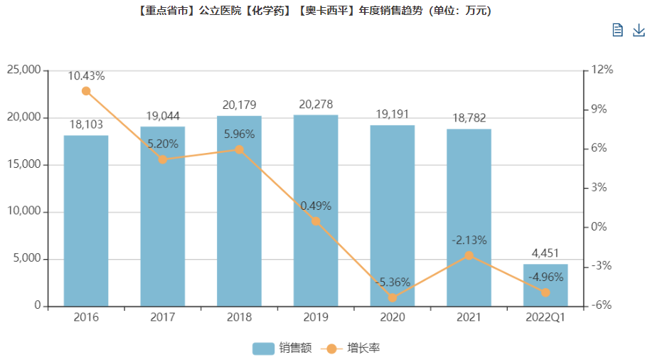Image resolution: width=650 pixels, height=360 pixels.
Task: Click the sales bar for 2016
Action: [x=86, y=221]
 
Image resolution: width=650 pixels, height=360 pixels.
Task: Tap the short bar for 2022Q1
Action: [x=545, y=285]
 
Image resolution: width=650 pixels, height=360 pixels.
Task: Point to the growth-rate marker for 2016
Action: [x=86, y=91]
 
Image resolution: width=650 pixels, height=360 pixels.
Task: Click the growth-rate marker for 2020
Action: [x=393, y=297]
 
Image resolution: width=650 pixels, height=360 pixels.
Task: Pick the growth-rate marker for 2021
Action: [x=469, y=255]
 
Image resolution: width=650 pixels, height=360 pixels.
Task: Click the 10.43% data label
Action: [x=87, y=75]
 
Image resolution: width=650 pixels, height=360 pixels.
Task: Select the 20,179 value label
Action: [x=239, y=105]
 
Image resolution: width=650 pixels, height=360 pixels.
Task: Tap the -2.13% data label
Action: [x=469, y=240]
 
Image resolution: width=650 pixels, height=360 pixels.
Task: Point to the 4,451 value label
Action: [x=545, y=253]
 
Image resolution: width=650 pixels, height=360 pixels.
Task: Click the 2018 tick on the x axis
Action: [x=239, y=317]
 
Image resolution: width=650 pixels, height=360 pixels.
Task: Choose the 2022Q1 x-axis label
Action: [x=545, y=317]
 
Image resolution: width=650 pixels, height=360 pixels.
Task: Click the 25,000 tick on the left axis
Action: [x=23, y=70]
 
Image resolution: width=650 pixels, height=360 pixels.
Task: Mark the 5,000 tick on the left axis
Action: [x=26, y=259]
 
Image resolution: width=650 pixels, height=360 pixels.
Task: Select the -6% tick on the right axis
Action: [x=602, y=306]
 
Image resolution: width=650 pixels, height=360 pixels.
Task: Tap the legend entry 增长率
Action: [x=356, y=348]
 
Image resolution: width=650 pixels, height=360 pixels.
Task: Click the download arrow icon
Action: [x=639, y=30]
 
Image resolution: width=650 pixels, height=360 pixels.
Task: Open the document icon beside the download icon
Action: [x=617, y=30]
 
